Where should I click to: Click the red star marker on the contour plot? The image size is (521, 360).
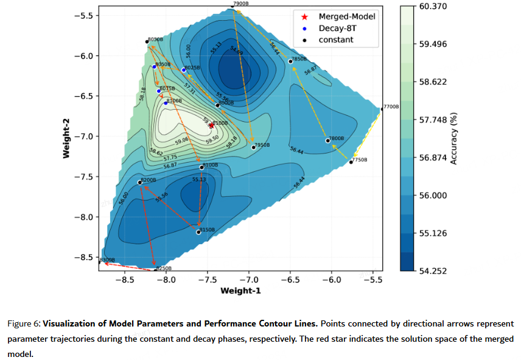pyautogui.click(x=211, y=125)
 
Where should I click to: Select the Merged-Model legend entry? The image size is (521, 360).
pyautogui.click(x=347, y=16)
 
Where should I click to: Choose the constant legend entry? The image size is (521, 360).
pyautogui.click(x=336, y=40)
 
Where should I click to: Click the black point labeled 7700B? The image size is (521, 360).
pyautogui.click(x=382, y=109)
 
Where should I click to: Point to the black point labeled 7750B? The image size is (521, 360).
pyautogui.click(x=351, y=162)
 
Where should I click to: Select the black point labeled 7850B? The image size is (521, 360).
pyautogui.click(x=290, y=62)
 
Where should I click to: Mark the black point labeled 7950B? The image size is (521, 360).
pyautogui.click(x=254, y=147)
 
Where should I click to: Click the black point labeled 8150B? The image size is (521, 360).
pyautogui.click(x=198, y=232)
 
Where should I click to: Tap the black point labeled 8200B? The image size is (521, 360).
pyautogui.click(x=140, y=182)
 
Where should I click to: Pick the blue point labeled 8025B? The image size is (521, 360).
pyautogui.click(x=184, y=70)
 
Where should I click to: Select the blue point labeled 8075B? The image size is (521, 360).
pyautogui.click(x=159, y=91)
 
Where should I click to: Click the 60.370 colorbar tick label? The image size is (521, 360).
pyautogui.click(x=433, y=6)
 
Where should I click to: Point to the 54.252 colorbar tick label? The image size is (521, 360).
pyautogui.click(x=433, y=271)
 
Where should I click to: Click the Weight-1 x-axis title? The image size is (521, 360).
pyautogui.click(x=240, y=291)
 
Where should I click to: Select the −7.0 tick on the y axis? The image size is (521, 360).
pyautogui.click(x=83, y=136)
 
